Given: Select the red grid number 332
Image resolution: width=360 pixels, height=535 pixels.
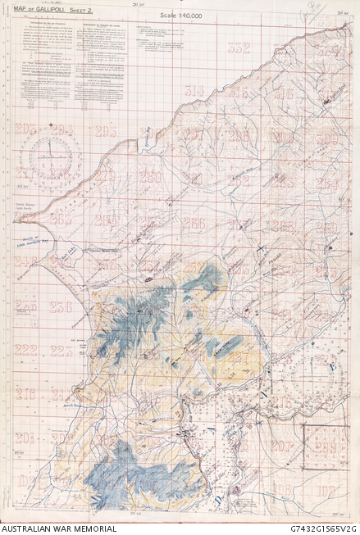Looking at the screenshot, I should pos(239,48).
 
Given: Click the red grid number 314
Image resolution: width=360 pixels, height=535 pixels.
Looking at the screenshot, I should pos(194,91).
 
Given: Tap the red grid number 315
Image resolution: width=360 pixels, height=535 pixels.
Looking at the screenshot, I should pos(239,93).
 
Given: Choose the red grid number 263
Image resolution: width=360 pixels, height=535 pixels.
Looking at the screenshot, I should pos(105,219).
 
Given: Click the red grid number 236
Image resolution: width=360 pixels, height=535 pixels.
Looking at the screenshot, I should pos(61,306).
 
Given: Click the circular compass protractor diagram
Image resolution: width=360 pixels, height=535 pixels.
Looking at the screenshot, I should pos(50,158).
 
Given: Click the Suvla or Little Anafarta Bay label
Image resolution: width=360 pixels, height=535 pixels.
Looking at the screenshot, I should pos(27,243).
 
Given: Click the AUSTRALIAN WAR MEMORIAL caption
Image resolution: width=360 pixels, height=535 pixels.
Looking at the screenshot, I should pos(58,528).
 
